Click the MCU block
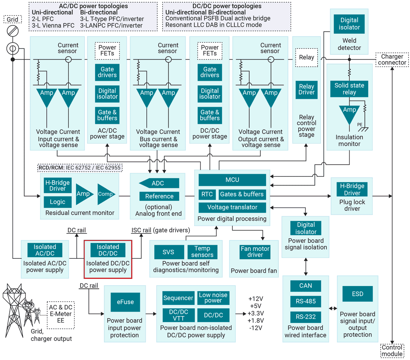point(232,180)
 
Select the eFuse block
point(125,302)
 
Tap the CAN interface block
point(305,286)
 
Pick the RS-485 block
point(305,301)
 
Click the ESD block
point(357,294)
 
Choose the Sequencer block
point(178,298)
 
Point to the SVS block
point(168,252)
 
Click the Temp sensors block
point(202,252)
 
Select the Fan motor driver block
point(255,252)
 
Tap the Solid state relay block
point(349,89)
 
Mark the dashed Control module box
point(392,351)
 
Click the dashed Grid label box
point(12,19)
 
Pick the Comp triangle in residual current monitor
point(106,194)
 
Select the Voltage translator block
point(232,207)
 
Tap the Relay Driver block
point(306,89)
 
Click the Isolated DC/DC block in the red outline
point(108,250)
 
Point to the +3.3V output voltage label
point(256,313)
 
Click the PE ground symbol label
point(360,124)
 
